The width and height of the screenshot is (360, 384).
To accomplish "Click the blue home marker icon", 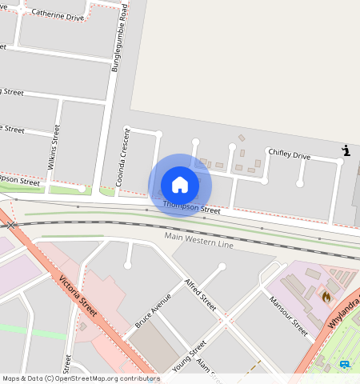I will pyautogui.click(x=180, y=185).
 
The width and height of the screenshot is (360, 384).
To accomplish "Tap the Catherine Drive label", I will pyautogui.click(x=57, y=16).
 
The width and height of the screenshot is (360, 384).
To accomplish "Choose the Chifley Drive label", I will pyautogui.click(x=289, y=154).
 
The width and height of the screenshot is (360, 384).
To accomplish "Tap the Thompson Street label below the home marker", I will pyautogui.click(x=191, y=208).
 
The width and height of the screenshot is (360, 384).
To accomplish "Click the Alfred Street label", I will pyautogui.click(x=200, y=295).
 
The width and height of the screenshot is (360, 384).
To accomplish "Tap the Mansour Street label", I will pyautogui.click(x=288, y=315).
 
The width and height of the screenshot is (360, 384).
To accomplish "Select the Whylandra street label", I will pyautogui.click(x=344, y=311).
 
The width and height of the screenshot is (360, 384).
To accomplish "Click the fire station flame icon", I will pyautogui.click(x=326, y=296).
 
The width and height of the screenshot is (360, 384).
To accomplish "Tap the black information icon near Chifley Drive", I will pyautogui.click(x=346, y=150).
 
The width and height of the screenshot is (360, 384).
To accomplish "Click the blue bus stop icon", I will pyautogui.click(x=345, y=364).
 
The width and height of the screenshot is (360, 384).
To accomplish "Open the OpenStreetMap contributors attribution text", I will pyautogui.click(x=80, y=378).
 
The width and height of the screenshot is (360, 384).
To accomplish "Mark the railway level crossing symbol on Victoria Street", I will pyautogui.click(x=10, y=226).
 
